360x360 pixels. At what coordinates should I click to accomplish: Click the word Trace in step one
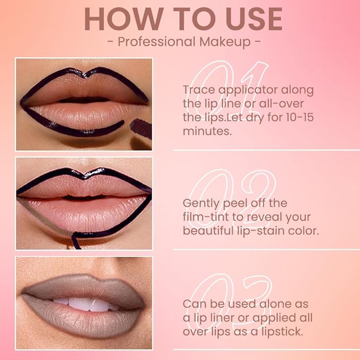click(x=198, y=90)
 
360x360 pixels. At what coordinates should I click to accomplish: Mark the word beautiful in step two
click(x=207, y=231)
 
